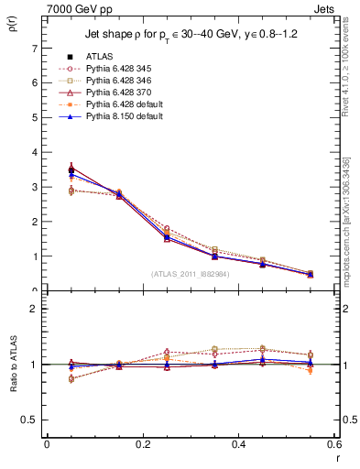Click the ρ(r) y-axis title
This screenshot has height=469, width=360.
[x=11, y=26]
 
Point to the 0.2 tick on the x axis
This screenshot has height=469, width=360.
[x=142, y=444]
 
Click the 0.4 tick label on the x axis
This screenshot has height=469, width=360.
[x=238, y=444]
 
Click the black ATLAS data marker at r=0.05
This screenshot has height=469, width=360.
[x=71, y=169]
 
